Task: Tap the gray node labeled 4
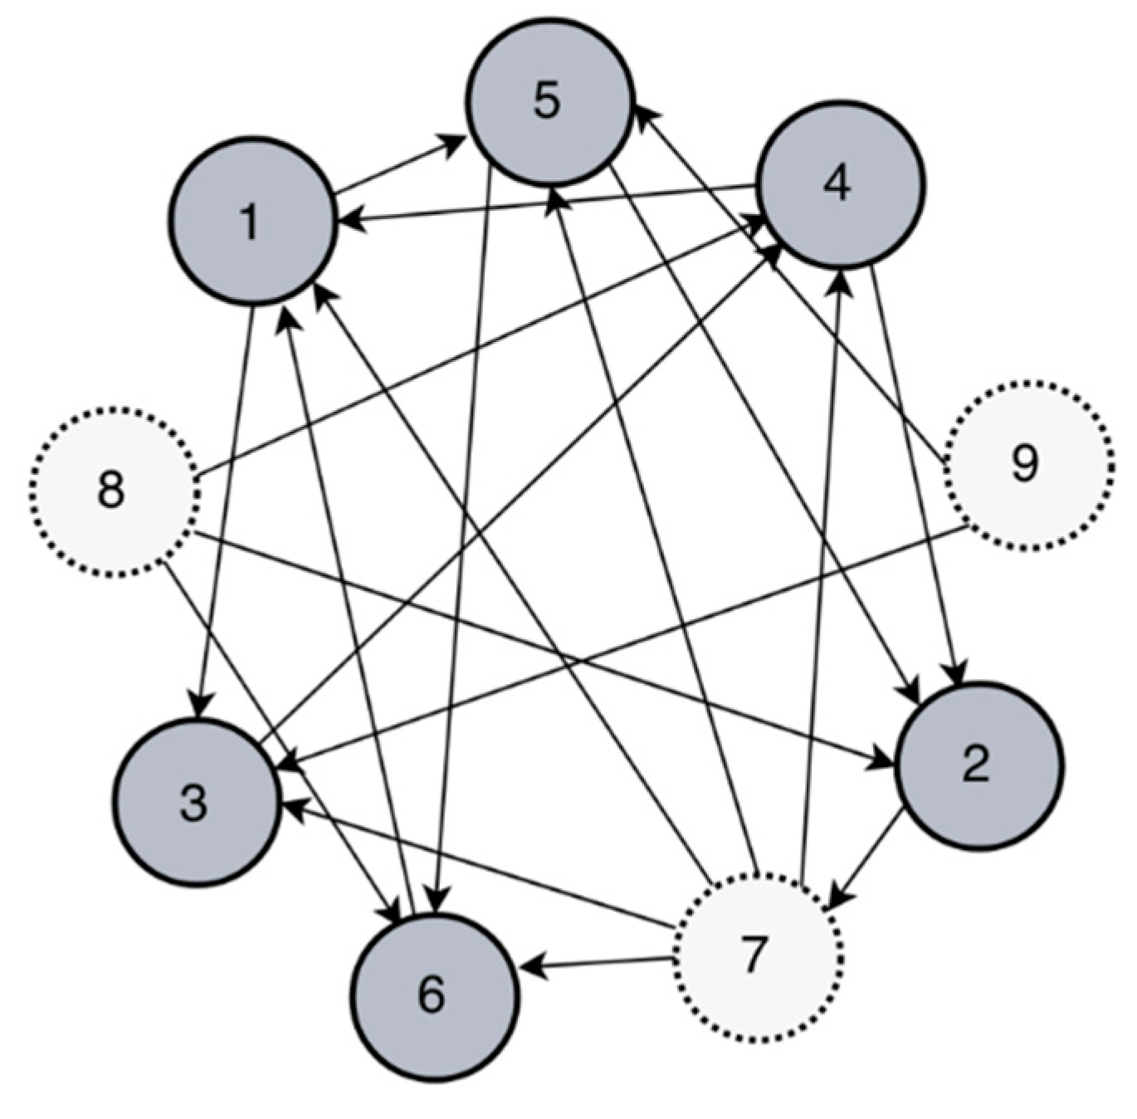click(x=840, y=183)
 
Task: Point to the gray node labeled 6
click(x=434, y=995)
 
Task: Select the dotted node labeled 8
click(x=115, y=491)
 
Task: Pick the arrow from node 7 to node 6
click(x=598, y=964)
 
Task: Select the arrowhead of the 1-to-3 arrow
click(x=199, y=706)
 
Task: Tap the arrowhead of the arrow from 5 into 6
click(x=438, y=901)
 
